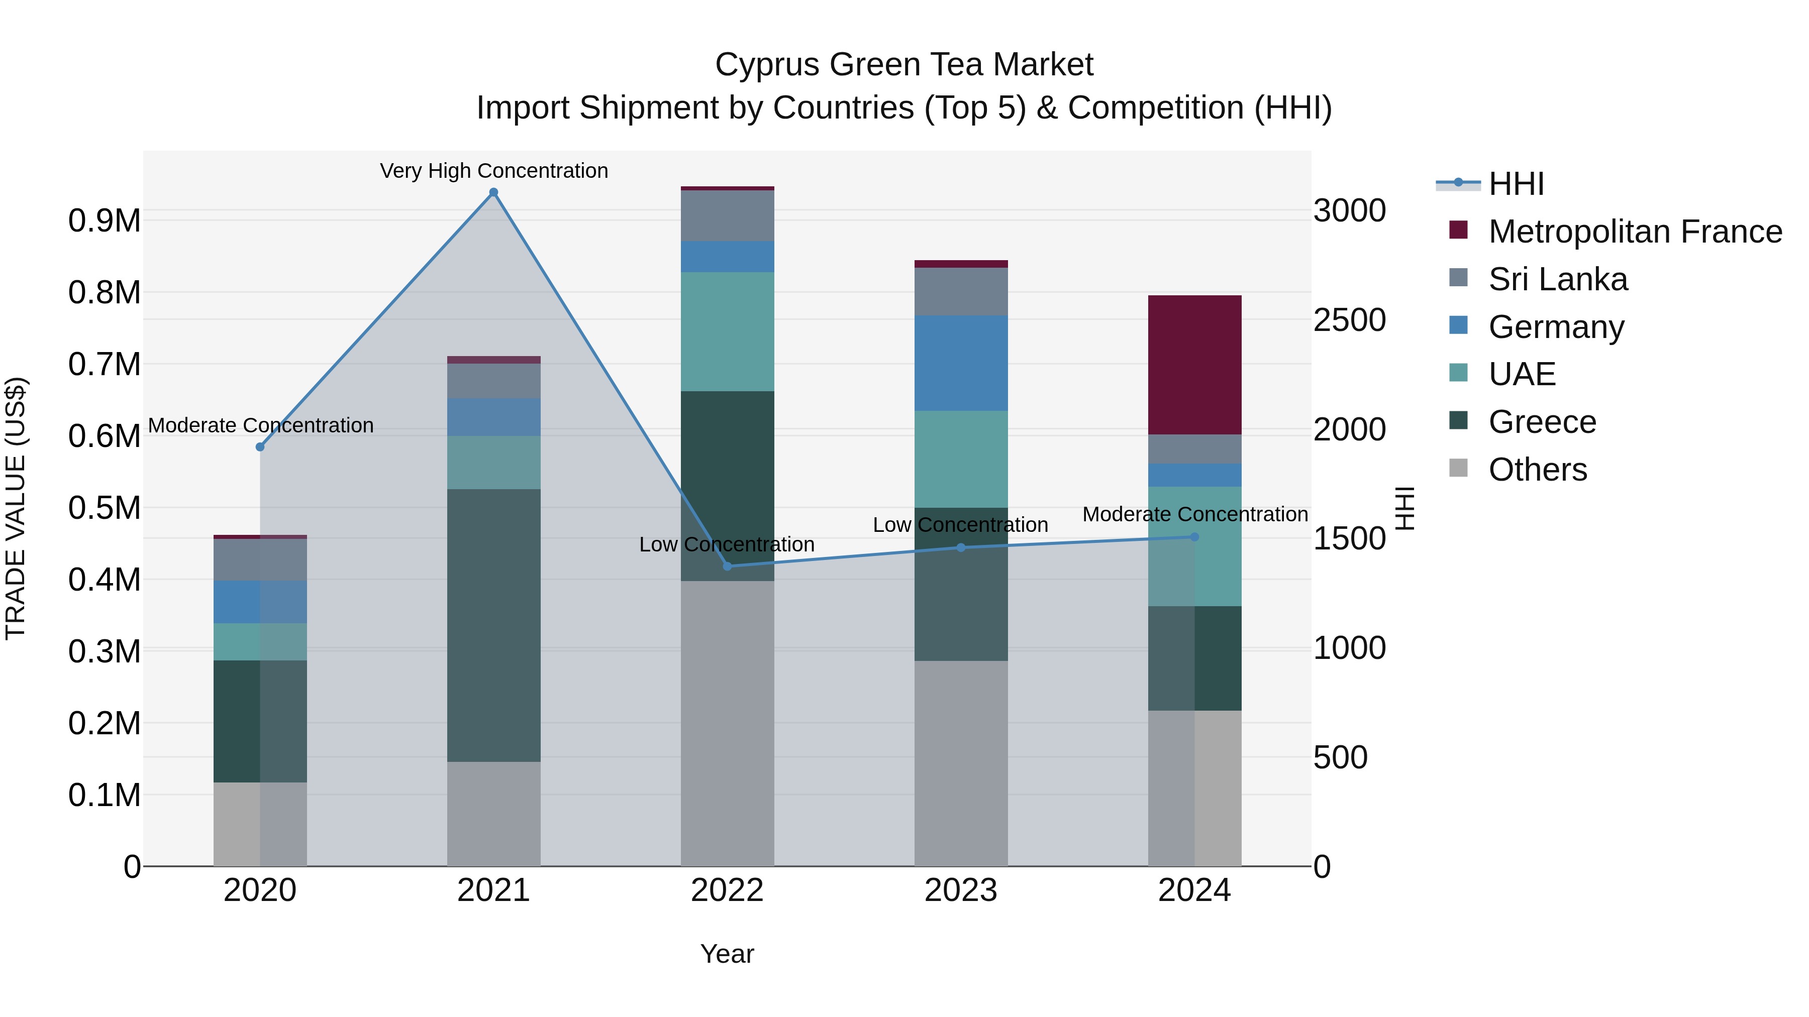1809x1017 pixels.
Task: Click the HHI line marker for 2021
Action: coord(493,192)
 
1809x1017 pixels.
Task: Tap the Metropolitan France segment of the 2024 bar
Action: coord(1194,365)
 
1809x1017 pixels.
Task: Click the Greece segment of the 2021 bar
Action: coord(493,625)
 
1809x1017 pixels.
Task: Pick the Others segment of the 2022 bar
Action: coord(728,723)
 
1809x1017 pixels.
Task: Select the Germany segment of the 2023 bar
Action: coord(961,363)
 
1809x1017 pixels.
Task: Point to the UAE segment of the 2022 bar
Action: coord(728,331)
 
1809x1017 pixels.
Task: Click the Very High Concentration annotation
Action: coord(493,171)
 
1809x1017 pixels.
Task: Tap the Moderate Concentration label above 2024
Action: coord(1194,514)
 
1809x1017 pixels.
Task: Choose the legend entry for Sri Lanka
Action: coord(1558,279)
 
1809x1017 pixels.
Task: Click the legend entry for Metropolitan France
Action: coord(1635,232)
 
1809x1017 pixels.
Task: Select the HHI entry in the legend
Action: coord(1516,184)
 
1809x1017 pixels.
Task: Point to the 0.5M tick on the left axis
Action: coord(104,507)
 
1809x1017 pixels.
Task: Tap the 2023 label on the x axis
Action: coord(961,890)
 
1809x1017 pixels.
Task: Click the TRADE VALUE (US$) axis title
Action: coord(16,507)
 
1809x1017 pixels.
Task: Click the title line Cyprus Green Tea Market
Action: coord(904,65)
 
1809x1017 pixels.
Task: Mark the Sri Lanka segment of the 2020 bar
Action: coord(260,559)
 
